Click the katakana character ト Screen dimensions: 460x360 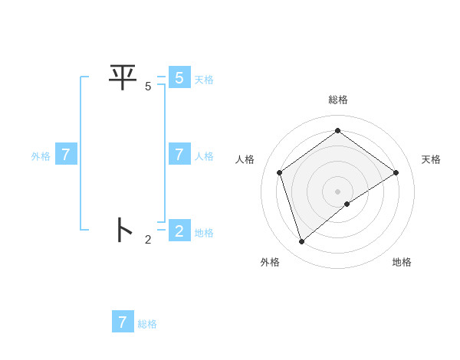point(123,230)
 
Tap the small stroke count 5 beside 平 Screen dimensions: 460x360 point(148,87)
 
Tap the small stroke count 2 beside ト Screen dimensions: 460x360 point(148,240)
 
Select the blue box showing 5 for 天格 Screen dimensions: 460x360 point(179,77)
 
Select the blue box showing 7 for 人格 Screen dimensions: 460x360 point(179,155)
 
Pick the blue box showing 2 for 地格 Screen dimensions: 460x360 point(179,231)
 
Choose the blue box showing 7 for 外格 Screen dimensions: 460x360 point(66,155)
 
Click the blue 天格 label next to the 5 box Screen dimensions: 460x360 point(204,80)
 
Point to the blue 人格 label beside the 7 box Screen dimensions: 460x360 point(204,156)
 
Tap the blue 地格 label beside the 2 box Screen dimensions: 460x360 point(204,233)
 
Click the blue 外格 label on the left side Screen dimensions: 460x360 point(41,156)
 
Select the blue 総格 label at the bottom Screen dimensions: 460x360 point(147,324)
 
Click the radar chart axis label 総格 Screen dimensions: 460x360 point(338,100)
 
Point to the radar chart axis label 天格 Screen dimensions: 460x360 point(431,159)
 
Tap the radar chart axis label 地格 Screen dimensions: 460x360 point(402,262)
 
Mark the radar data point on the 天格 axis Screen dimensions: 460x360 point(396,172)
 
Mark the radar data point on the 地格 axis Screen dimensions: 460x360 point(347,204)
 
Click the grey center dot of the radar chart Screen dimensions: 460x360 point(338,191)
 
